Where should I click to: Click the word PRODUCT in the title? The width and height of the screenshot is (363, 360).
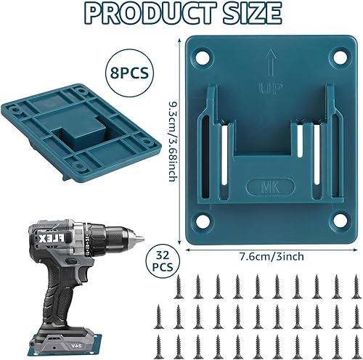tap(146, 12)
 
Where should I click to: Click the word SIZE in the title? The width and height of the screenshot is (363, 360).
tap(248, 12)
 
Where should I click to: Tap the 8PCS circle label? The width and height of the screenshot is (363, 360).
tap(129, 72)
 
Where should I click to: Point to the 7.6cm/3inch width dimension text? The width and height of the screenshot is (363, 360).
tap(272, 256)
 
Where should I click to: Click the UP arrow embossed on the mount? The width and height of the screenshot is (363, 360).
tap(272, 63)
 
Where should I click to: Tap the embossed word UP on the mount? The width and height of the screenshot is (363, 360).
tap(272, 88)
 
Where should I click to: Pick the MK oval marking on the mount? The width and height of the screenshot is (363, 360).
tap(271, 187)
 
